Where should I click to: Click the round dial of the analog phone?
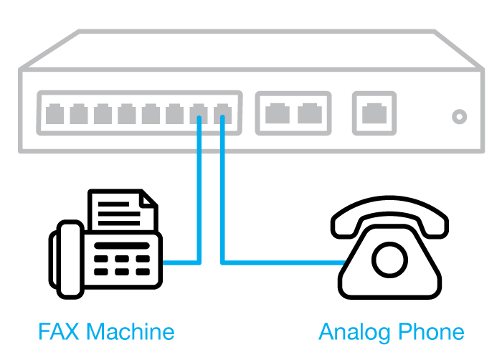click(x=388, y=259)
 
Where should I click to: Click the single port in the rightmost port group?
click(x=374, y=113)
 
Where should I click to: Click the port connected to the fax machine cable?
click(x=199, y=113)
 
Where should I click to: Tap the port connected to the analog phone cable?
click(x=222, y=113)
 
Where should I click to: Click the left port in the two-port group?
click(x=276, y=113)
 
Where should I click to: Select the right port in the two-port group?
click(x=309, y=113)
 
